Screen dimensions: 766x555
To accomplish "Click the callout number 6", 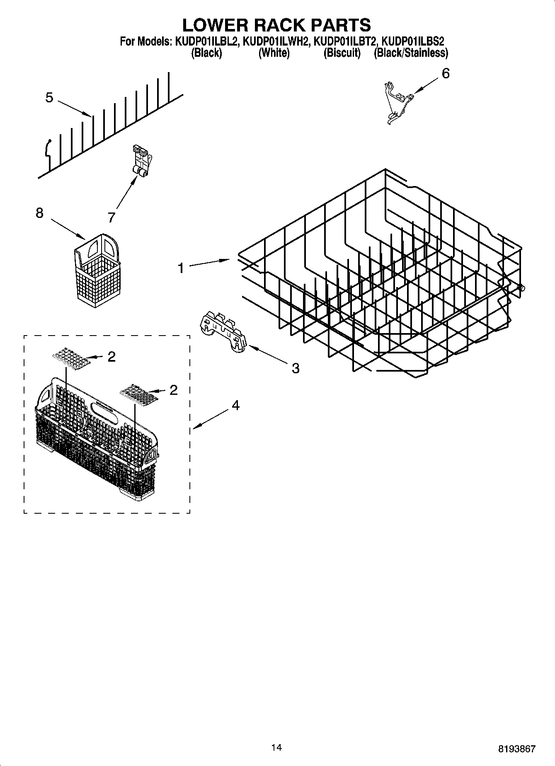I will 445,74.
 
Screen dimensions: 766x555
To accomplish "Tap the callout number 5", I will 49,98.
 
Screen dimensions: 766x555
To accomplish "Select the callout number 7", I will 111,217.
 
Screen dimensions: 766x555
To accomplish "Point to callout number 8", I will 39,213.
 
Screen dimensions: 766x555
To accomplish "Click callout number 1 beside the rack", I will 181,268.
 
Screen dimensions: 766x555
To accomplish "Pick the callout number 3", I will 295,368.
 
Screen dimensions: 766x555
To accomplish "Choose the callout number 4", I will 235,405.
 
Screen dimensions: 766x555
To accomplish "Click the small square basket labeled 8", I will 97,271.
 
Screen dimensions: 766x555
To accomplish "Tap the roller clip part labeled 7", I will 141,162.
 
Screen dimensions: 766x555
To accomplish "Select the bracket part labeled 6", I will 396,102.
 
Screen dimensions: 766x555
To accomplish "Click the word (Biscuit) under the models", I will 342,53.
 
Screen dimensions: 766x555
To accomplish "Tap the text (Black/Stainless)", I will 410,53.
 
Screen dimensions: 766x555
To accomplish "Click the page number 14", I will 276,747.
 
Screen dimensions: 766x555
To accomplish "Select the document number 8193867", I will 517,749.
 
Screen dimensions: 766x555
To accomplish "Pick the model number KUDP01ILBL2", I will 205,41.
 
